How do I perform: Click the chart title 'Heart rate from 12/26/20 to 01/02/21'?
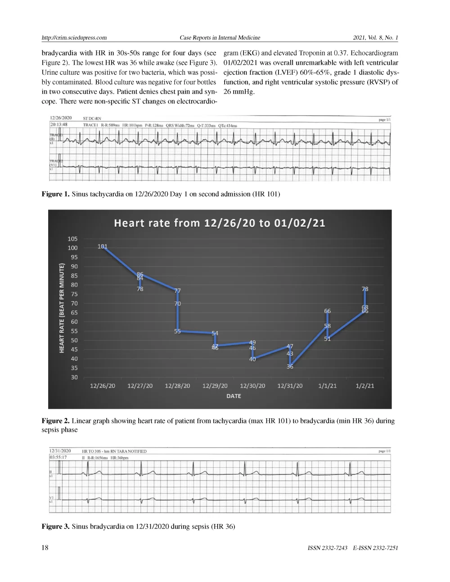point(220,223)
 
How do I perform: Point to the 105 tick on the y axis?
point(72,239)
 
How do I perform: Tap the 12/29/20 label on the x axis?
point(215,386)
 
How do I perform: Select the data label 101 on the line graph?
point(103,246)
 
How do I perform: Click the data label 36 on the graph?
point(290,367)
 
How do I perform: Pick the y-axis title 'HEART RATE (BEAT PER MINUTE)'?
point(62,308)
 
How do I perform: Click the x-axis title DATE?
point(234,396)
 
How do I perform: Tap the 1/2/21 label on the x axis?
point(364,386)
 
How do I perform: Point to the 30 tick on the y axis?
point(74,377)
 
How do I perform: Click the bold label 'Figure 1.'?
point(55,194)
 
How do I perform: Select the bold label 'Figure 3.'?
point(55,527)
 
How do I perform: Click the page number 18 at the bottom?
point(45,547)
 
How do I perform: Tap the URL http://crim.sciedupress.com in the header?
point(74,38)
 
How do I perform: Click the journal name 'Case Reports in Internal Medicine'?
point(220,38)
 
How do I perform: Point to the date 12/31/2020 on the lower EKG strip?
point(60,451)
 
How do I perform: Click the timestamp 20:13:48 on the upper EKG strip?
point(58,125)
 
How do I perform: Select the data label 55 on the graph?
point(177,331)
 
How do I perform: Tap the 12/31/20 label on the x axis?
point(290,386)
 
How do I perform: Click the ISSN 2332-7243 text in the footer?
point(328,548)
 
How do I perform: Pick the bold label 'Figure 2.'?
point(55,421)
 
